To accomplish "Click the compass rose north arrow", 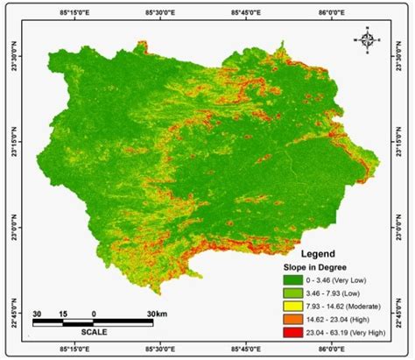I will coord(369,38).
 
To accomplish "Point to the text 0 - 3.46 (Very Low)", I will coord(346,280).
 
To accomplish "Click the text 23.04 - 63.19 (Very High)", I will coord(352,333).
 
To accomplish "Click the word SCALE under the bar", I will coord(95,334).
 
